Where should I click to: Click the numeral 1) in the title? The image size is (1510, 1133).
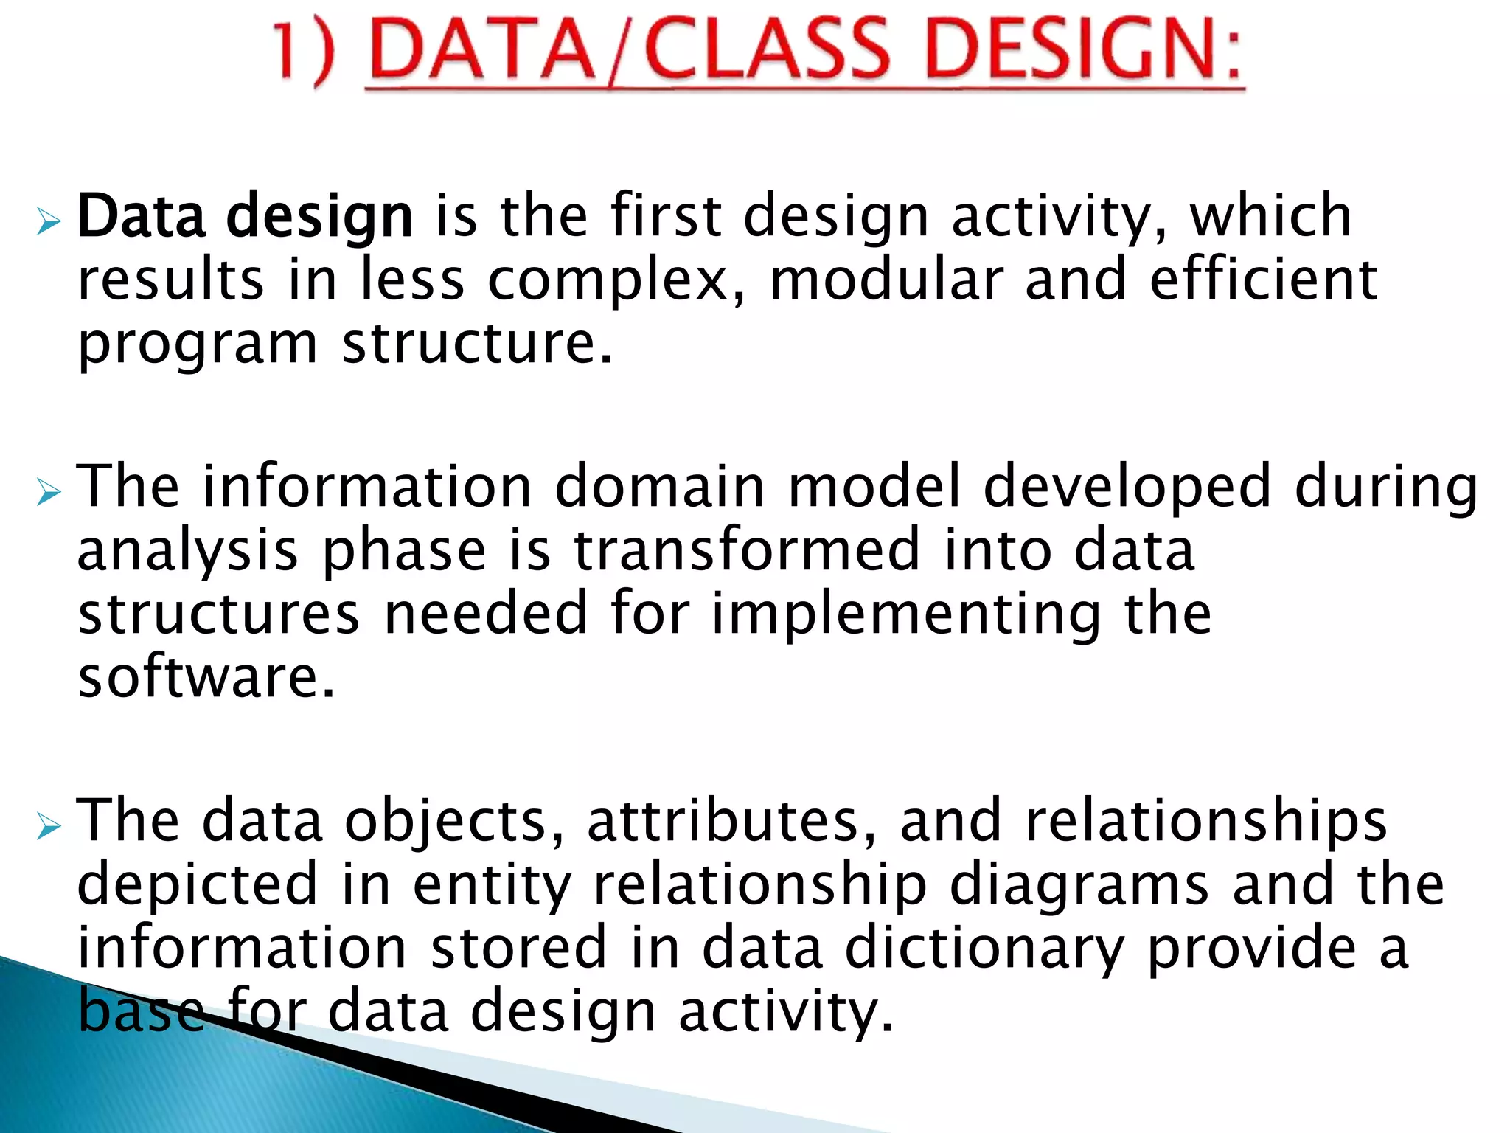pyautogui.click(x=303, y=52)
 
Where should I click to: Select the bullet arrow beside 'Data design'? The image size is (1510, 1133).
pyautogui.click(x=48, y=221)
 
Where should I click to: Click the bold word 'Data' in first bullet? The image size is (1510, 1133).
pyautogui.click(x=141, y=217)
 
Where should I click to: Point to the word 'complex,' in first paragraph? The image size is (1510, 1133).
pyautogui.click(x=616, y=280)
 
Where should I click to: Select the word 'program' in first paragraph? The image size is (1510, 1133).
pyautogui.click(x=198, y=345)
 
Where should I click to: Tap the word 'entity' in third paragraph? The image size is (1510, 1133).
pyautogui.click(x=492, y=887)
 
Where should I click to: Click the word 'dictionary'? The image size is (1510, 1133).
pyautogui.click(x=985, y=949)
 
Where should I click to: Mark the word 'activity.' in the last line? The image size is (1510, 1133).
pyautogui.click(x=786, y=1012)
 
